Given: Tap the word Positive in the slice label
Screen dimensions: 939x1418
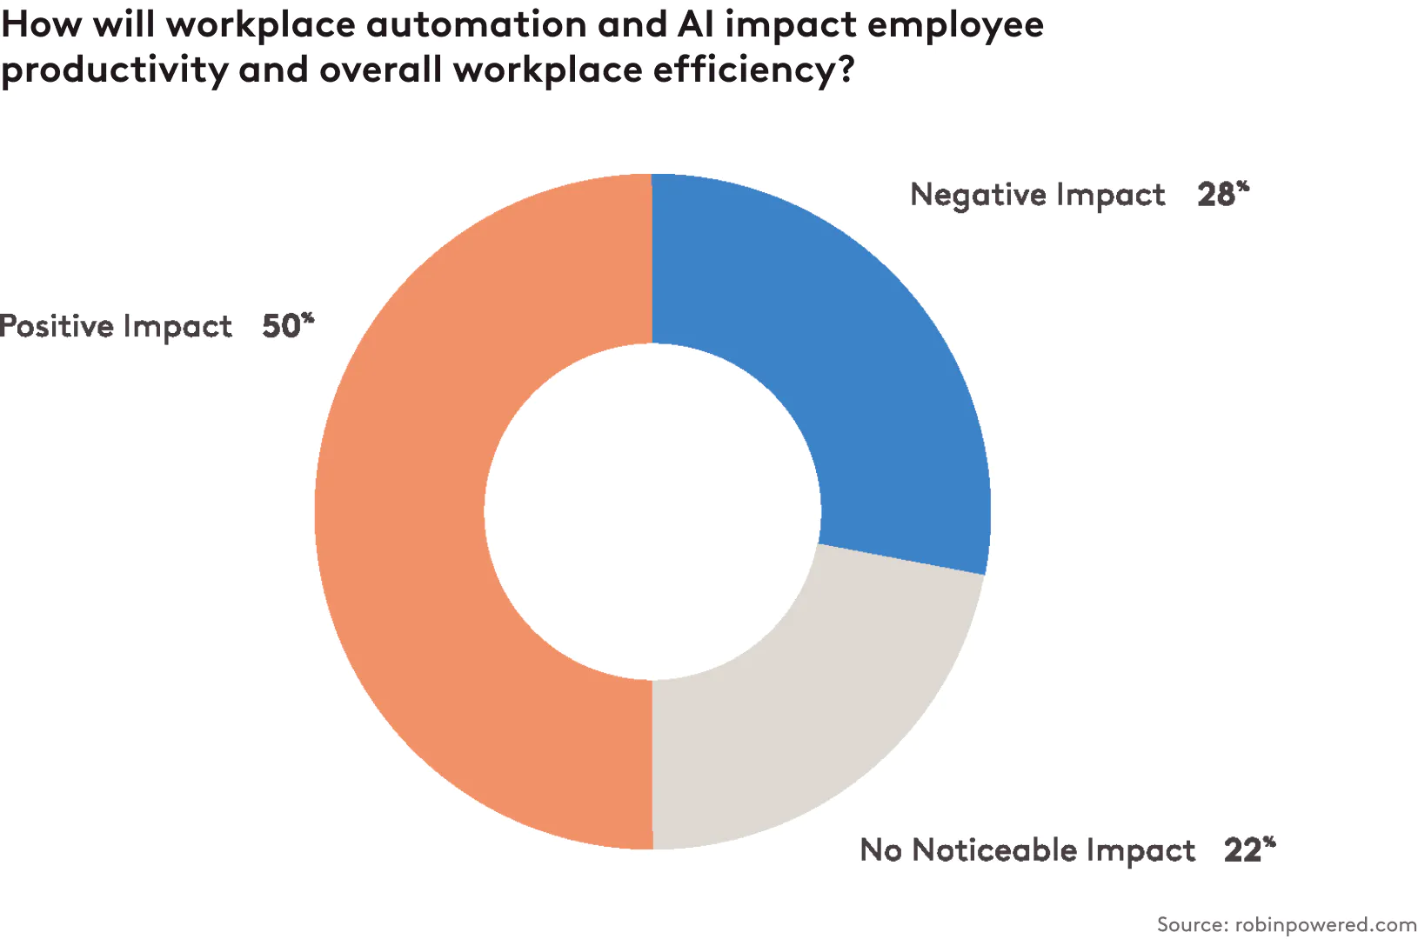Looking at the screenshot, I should coord(57,326).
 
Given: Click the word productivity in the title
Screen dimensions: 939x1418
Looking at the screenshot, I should coord(113,70).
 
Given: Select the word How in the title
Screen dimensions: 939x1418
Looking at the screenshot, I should coord(42,24).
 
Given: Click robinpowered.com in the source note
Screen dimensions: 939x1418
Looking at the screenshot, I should coord(1326,923).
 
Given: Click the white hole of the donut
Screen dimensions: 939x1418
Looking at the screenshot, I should coord(652,511).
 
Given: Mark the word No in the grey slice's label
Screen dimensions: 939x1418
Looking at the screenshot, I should coord(880,849).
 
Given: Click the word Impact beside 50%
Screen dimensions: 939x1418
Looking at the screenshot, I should coord(177,327).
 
